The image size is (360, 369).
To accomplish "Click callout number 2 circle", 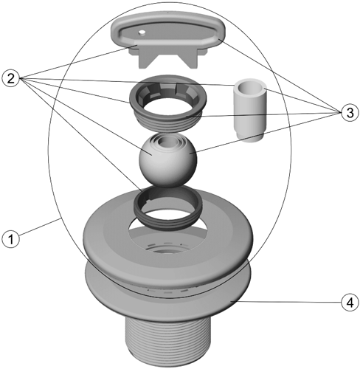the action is pos(10,78).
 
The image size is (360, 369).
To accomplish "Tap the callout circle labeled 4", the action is pos(350,303).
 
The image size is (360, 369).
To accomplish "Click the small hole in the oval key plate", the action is pos(142,32).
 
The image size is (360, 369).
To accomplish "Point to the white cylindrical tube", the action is pos(249,110).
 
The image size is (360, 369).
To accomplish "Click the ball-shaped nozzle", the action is pos(168,160).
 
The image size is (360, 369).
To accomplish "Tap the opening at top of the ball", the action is pos(167,141).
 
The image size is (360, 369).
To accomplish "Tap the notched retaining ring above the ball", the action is pos(168,98).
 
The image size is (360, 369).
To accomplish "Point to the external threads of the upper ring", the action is pos(168,123).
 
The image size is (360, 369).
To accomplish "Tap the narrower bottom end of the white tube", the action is pos(249,138).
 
